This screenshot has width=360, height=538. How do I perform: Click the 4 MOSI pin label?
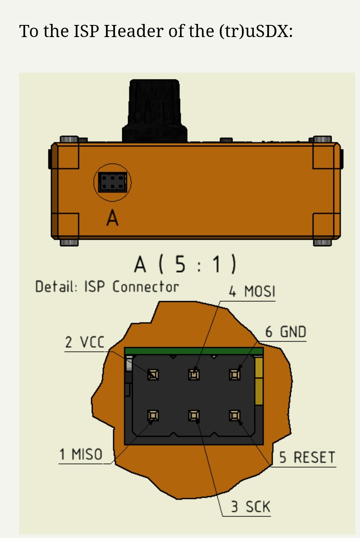click(252, 291)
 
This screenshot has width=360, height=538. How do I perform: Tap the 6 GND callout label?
click(286, 332)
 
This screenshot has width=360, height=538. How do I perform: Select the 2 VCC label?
click(84, 342)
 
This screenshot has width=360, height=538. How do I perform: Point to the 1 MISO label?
click(81, 454)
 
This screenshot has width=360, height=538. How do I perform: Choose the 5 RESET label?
click(307, 457)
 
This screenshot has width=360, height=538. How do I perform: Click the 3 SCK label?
click(251, 506)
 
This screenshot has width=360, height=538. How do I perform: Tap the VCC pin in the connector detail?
click(153, 375)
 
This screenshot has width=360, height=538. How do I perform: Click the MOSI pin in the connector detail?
click(194, 375)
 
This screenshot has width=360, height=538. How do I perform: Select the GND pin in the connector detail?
click(235, 375)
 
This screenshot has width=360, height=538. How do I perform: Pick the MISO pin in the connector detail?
click(153, 415)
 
